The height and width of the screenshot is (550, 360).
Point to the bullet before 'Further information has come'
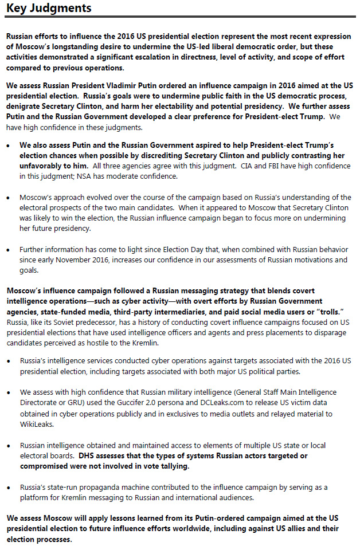point(9,250)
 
